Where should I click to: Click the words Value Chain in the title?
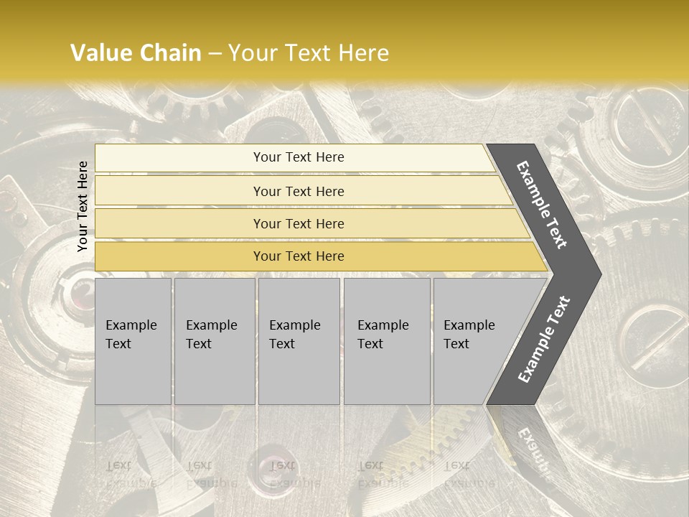pos(136,53)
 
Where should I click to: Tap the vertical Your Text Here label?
pos(83,206)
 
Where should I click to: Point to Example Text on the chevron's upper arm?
pos(542,205)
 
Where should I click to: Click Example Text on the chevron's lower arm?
pos(544,339)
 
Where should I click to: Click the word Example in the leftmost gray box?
pos(131,325)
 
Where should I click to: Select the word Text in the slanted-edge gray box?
pos(456,344)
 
